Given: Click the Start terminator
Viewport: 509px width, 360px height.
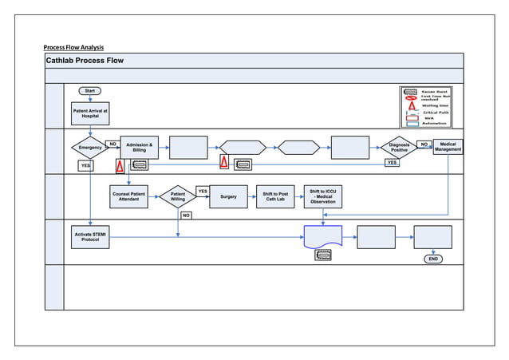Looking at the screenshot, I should pyautogui.click(x=89, y=90).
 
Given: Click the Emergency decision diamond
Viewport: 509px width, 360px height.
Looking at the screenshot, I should pyautogui.click(x=89, y=148).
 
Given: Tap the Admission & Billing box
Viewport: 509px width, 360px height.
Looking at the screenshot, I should pyautogui.click(x=139, y=147).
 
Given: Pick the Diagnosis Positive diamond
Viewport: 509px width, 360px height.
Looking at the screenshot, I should pyautogui.click(x=398, y=148).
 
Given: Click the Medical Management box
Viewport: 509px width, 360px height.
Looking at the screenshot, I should pyautogui.click(x=448, y=147).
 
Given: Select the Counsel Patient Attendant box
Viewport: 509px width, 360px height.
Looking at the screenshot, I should pyautogui.click(x=128, y=196).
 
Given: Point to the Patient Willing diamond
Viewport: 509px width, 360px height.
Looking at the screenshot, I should pyautogui.click(x=177, y=196).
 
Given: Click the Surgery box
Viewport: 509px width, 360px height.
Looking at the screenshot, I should pyautogui.click(x=228, y=196).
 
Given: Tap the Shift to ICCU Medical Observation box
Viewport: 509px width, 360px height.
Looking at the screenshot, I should pyautogui.click(x=323, y=196).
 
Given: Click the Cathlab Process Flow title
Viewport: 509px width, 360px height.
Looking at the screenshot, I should pyautogui.click(x=85, y=61).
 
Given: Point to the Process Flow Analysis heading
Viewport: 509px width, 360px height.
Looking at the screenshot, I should pyautogui.click(x=74, y=46).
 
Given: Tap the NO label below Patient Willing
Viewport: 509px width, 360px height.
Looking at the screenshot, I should pyautogui.click(x=185, y=215).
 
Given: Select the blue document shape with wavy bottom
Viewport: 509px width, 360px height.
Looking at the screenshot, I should pyautogui.click(x=323, y=237).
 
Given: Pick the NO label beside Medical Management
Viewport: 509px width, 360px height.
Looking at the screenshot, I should pyautogui.click(x=424, y=144).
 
